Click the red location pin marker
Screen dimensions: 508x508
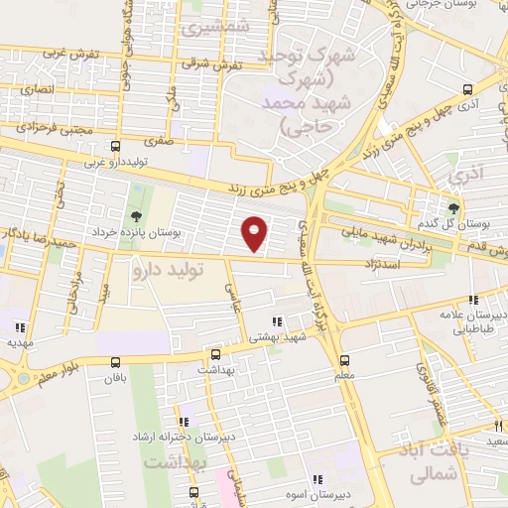(255, 232)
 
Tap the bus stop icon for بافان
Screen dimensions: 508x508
(116, 362)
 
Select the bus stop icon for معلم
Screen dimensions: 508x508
(344, 360)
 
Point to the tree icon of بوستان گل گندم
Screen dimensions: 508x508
(452, 207)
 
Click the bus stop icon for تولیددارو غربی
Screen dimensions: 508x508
(116, 146)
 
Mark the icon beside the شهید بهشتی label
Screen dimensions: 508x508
(276, 321)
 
